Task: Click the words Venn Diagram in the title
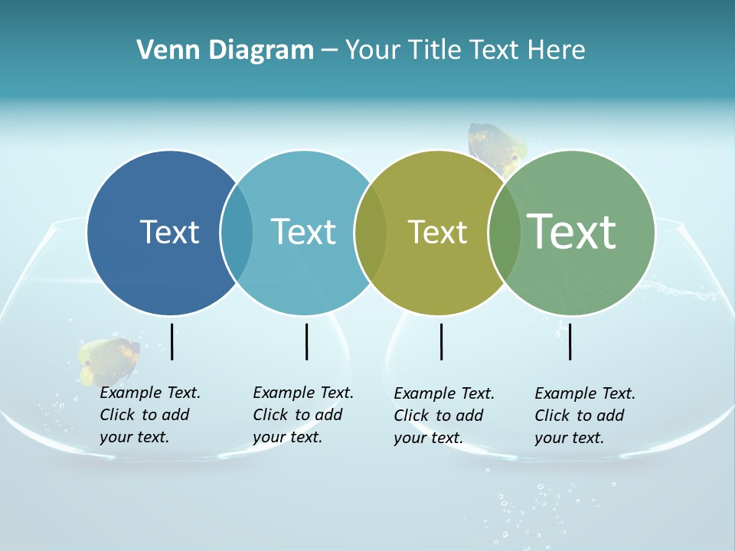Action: pyautogui.click(x=225, y=51)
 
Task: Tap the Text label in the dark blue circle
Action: pyautogui.click(x=169, y=232)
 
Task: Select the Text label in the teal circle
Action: pyautogui.click(x=303, y=232)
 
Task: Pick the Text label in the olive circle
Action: pyautogui.click(x=437, y=233)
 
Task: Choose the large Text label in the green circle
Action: pyautogui.click(x=572, y=231)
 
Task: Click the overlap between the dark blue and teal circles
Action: pyautogui.click(x=237, y=232)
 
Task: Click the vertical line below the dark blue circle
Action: pyautogui.click(x=172, y=341)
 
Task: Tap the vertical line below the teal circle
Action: pyautogui.click(x=306, y=341)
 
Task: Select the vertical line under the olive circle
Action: pyautogui.click(x=441, y=341)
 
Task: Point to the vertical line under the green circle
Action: pyautogui.click(x=570, y=341)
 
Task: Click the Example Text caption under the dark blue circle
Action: pyautogui.click(x=149, y=415)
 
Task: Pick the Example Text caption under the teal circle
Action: pyautogui.click(x=302, y=415)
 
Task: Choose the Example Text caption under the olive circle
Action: pyautogui.click(x=443, y=416)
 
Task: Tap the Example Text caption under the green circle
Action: pyautogui.click(x=584, y=416)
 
